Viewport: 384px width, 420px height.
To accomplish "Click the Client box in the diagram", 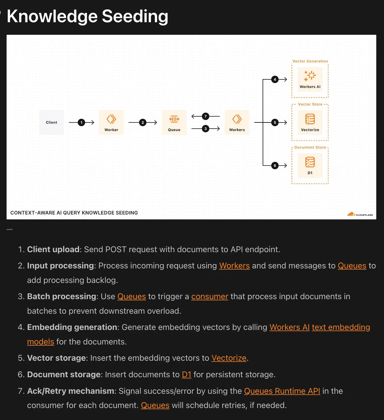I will tap(51, 122).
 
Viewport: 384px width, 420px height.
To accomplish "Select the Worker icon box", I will tap(111, 122).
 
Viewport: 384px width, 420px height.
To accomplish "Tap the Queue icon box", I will tap(174, 122).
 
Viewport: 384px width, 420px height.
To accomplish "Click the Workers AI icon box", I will tap(310, 79).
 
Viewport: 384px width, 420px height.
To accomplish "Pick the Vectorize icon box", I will tap(310, 122).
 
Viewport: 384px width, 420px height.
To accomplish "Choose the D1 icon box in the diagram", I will tap(310, 165).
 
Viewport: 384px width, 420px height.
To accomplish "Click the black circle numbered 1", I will tap(81, 123).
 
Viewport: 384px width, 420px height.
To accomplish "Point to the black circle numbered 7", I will tap(205, 116).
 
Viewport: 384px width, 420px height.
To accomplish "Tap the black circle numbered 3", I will tap(205, 129).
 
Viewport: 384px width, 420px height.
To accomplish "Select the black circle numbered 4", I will tap(275, 79).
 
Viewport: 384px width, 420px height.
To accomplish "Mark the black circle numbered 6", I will tap(275, 166).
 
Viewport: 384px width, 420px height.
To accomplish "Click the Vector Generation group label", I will tap(310, 61).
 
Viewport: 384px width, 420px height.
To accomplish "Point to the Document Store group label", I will tap(310, 147).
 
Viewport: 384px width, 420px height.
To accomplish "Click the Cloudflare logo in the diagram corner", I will tap(360, 214).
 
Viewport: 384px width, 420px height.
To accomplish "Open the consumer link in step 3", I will tap(210, 297).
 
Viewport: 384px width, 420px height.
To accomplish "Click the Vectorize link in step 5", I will tap(229, 358).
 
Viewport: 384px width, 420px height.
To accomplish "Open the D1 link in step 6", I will tap(187, 375).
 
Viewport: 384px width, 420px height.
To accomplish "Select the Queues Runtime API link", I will tap(282, 391).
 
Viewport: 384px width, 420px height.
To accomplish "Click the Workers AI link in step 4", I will tap(290, 327).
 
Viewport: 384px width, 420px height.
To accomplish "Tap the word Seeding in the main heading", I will tap(135, 16).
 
